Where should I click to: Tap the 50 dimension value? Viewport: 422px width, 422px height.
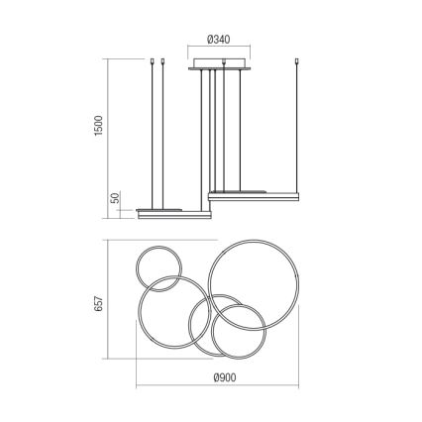point(114,199)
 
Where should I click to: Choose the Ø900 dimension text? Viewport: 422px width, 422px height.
point(225,376)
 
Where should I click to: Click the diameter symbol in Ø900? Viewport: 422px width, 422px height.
point(215,376)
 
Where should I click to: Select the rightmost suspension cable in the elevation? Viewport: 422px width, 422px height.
point(299,129)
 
